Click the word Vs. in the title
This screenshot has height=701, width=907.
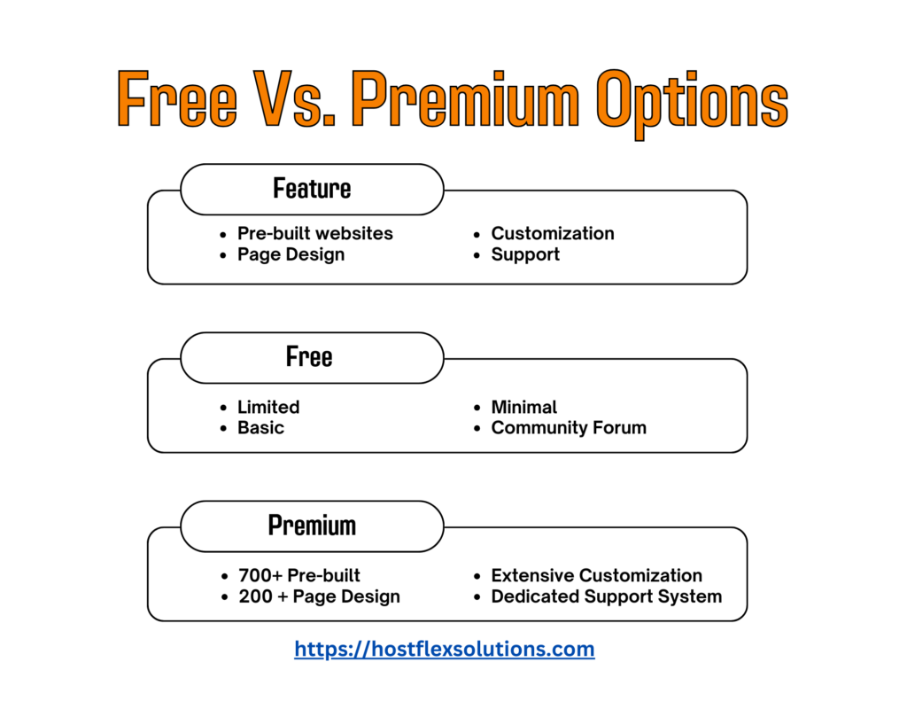(295, 98)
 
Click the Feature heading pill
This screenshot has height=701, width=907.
(312, 190)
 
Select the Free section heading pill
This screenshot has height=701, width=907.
(312, 358)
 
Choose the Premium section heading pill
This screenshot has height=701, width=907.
(312, 526)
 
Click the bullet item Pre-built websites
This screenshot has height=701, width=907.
(314, 233)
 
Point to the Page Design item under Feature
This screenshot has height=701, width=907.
(291, 254)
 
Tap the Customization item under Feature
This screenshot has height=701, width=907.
(553, 233)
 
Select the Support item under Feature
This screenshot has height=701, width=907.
(525, 254)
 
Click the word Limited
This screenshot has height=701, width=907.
(268, 407)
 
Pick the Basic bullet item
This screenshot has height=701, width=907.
(261, 428)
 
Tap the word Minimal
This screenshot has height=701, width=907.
(524, 407)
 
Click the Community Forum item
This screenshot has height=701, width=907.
(569, 428)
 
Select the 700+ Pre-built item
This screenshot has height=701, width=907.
(299, 575)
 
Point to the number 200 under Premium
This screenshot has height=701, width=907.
(255, 596)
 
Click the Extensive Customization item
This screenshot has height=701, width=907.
(596, 575)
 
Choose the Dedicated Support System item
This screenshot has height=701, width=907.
(606, 596)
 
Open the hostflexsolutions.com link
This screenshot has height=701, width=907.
(445, 649)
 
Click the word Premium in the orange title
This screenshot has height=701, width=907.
(466, 98)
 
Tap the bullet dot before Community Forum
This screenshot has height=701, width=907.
(477, 429)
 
